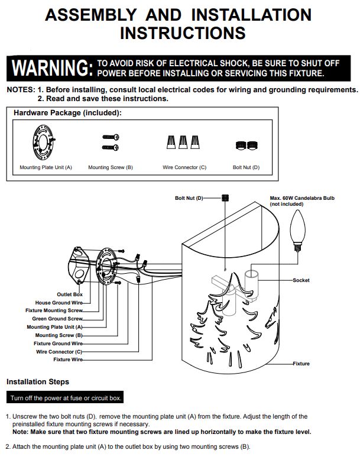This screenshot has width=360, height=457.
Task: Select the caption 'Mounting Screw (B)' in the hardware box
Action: [111, 167]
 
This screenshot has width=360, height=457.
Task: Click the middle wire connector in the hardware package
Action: [183, 142]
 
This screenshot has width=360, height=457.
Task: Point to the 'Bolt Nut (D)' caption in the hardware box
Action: [246, 167]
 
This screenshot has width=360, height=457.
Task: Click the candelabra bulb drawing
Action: [297, 230]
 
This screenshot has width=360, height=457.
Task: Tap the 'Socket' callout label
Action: [301, 280]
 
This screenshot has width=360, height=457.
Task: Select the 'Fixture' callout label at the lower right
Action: [301, 364]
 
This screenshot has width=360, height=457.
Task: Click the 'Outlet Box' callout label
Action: [70, 294]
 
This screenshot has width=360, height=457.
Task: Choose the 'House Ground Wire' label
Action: [59, 303]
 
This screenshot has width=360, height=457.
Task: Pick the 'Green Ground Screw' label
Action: [57, 319]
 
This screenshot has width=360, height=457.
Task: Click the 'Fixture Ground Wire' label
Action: [58, 343]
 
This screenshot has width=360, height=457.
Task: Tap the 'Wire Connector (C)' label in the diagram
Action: [59, 352]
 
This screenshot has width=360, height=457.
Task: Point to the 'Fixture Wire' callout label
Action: [68, 359]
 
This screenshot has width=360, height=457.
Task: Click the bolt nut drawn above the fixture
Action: [225, 198]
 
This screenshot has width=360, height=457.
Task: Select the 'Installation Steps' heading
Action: [38, 382]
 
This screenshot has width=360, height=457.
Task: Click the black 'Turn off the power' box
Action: [65, 397]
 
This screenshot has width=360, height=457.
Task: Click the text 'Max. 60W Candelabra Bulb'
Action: [302, 198]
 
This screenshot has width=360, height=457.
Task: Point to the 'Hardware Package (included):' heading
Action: [67, 113]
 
